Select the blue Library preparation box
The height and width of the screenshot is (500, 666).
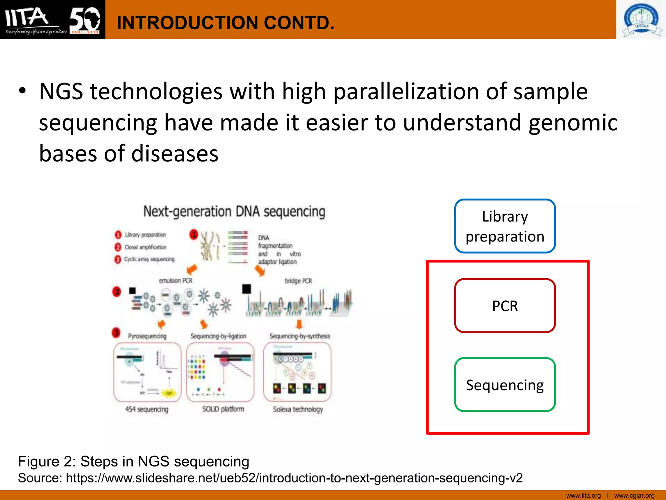pyautogui.click(x=505, y=226)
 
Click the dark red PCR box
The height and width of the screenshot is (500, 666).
pyautogui.click(x=505, y=306)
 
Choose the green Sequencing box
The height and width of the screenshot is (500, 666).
pyautogui.click(x=505, y=385)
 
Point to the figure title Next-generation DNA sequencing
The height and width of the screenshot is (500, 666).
pyautogui.click(x=234, y=212)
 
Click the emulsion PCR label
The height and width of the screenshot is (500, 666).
pyautogui.click(x=175, y=281)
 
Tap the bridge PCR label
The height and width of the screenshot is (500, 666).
pyautogui.click(x=298, y=281)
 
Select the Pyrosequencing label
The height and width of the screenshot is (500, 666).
pyautogui.click(x=147, y=336)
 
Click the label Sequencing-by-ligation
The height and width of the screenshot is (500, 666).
pyautogui.click(x=218, y=336)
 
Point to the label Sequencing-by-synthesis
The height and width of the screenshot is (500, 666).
pyautogui.click(x=300, y=336)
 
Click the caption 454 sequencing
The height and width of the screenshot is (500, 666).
pyautogui.click(x=147, y=409)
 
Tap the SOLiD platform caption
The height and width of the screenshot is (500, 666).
pyautogui.click(x=223, y=409)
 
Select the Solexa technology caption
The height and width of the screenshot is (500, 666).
pyautogui.click(x=298, y=409)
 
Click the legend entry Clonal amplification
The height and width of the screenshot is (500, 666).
pyautogui.click(x=145, y=247)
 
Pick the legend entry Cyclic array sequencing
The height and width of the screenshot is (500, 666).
pyautogui.click(x=149, y=259)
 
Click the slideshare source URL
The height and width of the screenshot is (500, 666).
pyautogui.click(x=294, y=478)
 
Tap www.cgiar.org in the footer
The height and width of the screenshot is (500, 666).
pyautogui.click(x=634, y=495)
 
